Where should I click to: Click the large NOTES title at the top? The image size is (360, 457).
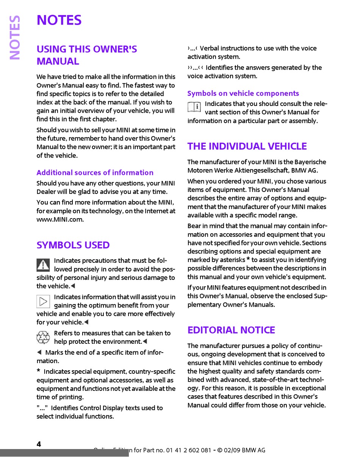tap(59, 20)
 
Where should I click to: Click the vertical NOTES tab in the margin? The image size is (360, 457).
tap(15, 37)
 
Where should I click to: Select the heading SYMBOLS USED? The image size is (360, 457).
tap(73, 245)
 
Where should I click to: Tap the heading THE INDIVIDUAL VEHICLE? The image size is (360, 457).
tap(247, 146)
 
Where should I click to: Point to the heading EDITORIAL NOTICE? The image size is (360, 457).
tap(231, 330)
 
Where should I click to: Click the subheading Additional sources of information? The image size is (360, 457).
tap(95, 173)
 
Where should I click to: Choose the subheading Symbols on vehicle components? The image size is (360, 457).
tap(243, 93)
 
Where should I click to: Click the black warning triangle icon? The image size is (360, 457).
tap(43, 265)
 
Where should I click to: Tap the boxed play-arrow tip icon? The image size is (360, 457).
tap(43, 301)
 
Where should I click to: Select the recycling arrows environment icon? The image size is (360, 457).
tap(43, 337)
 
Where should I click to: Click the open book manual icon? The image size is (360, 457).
tap(194, 107)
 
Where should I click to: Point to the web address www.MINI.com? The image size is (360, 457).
tap(60, 219)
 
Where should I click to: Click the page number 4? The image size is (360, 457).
tap(39, 444)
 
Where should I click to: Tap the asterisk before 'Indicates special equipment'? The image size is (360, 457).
tap(39, 371)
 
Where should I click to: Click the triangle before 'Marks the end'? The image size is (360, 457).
tap(39, 352)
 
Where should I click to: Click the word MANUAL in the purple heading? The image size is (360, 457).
tap(58, 61)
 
